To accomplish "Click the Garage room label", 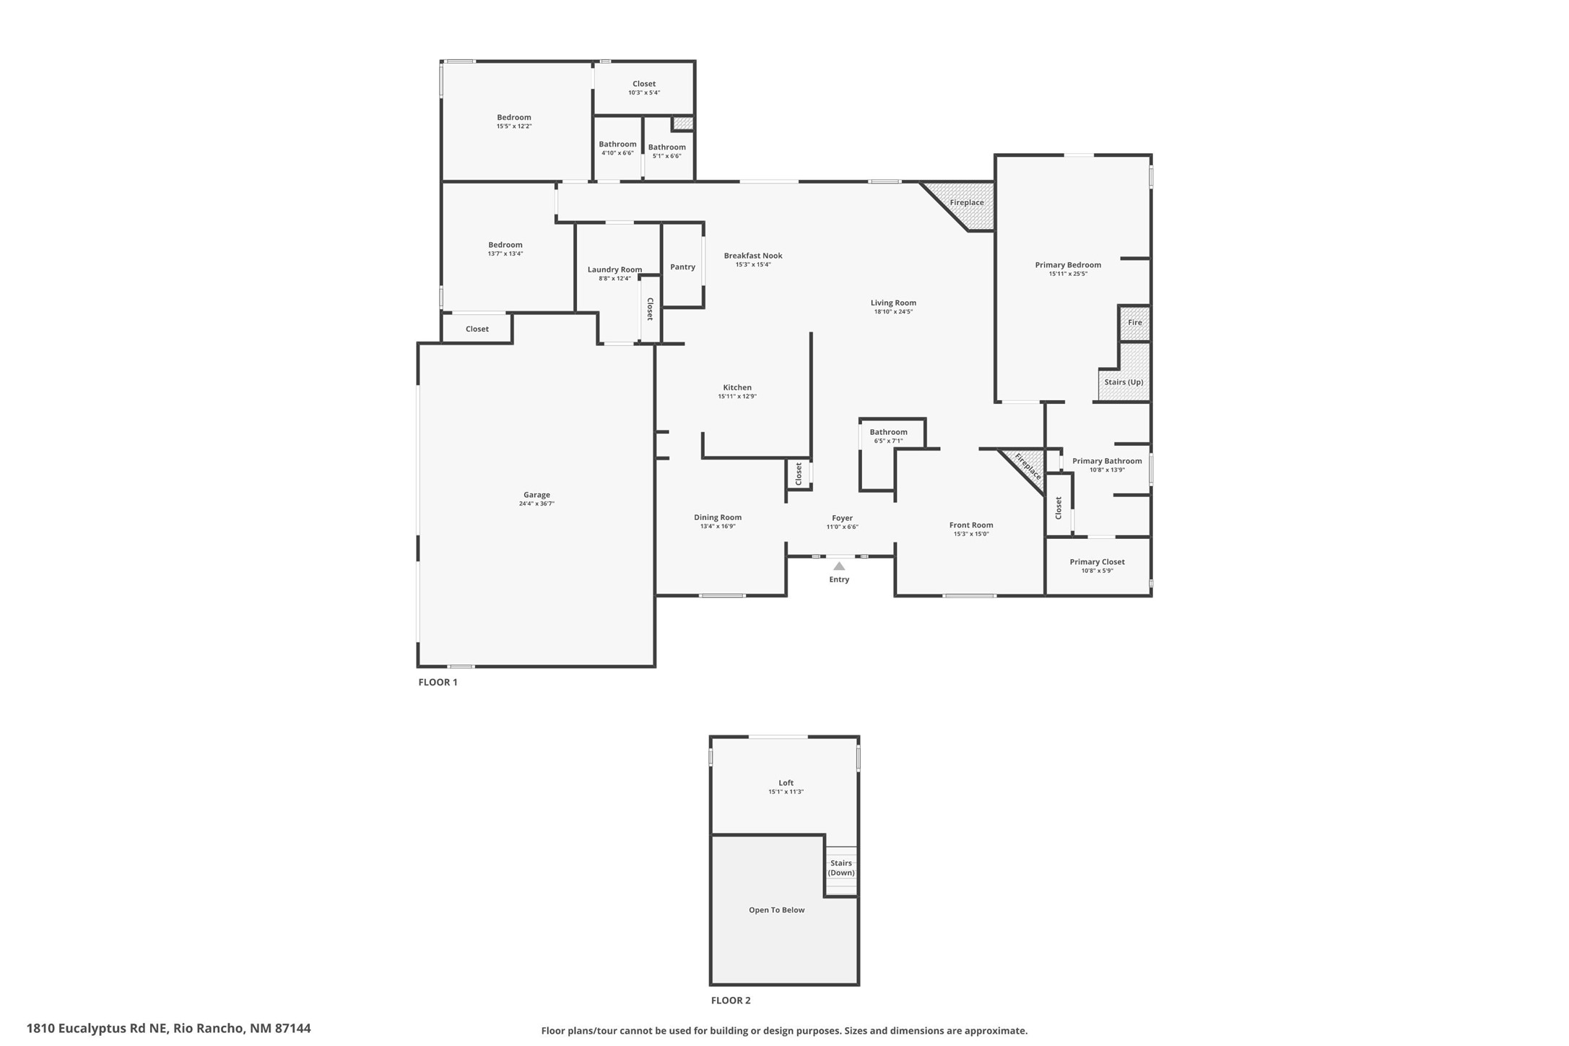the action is (536, 495).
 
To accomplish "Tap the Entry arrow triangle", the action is (839, 566).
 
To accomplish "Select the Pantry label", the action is (682, 267).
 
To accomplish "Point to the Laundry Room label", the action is (614, 269).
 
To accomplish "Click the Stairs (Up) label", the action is (1123, 382).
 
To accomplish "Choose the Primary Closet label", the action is (1097, 562).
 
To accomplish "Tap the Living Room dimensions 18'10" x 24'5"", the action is (893, 312).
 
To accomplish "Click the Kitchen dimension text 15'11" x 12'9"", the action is (737, 397).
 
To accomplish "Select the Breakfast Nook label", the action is (753, 256).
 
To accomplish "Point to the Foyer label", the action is (842, 518).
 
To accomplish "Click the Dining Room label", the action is (718, 517).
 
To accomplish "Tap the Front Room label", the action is (971, 525).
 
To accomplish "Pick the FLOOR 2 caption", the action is (731, 1000).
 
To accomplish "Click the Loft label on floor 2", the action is (786, 783).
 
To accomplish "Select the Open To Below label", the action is (776, 910).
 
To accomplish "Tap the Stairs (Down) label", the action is (841, 868).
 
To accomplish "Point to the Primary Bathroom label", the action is (1107, 461).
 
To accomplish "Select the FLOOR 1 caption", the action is (438, 682).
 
